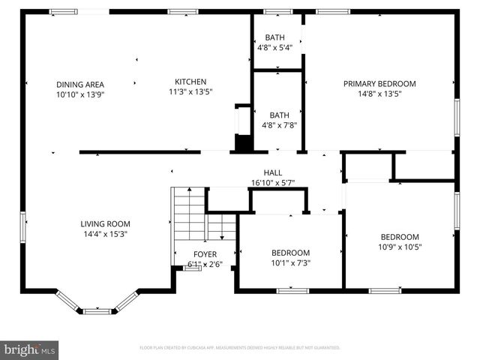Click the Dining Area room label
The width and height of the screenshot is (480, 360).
click(79, 84)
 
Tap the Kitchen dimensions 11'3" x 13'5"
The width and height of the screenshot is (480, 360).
click(190, 93)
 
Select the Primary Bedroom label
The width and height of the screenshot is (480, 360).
click(379, 84)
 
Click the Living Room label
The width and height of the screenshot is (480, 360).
click(106, 223)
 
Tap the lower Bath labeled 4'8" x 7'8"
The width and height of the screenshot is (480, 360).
click(279, 115)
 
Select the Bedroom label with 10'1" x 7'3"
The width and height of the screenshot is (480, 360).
click(290, 253)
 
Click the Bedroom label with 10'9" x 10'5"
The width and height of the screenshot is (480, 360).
click(399, 236)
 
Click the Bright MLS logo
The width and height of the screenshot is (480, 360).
click(29, 349)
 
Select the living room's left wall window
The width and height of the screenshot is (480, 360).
click(23, 223)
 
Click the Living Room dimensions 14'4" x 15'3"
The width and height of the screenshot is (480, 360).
click(106, 233)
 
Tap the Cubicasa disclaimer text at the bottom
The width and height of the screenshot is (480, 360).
click(240, 348)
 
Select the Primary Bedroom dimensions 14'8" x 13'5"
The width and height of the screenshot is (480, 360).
click(379, 94)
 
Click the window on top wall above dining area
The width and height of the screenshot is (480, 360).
click(63, 12)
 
